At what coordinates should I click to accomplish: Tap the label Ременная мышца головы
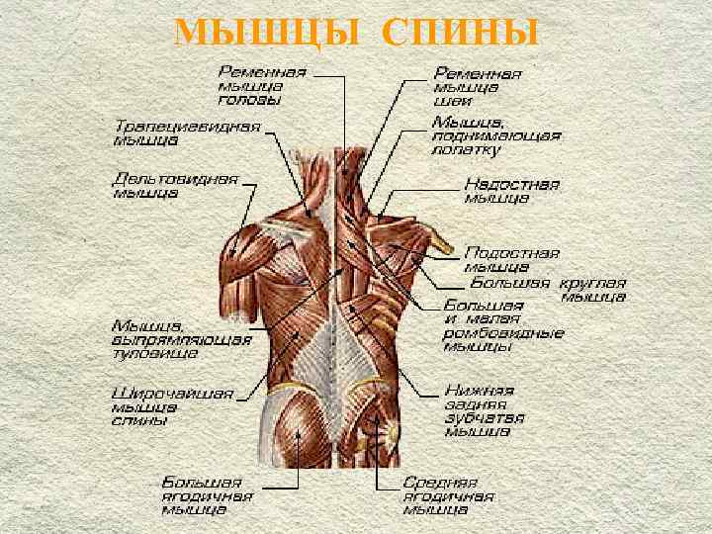[262, 85]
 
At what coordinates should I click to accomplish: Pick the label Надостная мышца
[511, 191]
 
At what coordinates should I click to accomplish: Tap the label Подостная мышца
[511, 259]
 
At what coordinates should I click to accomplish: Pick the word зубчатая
[480, 416]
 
